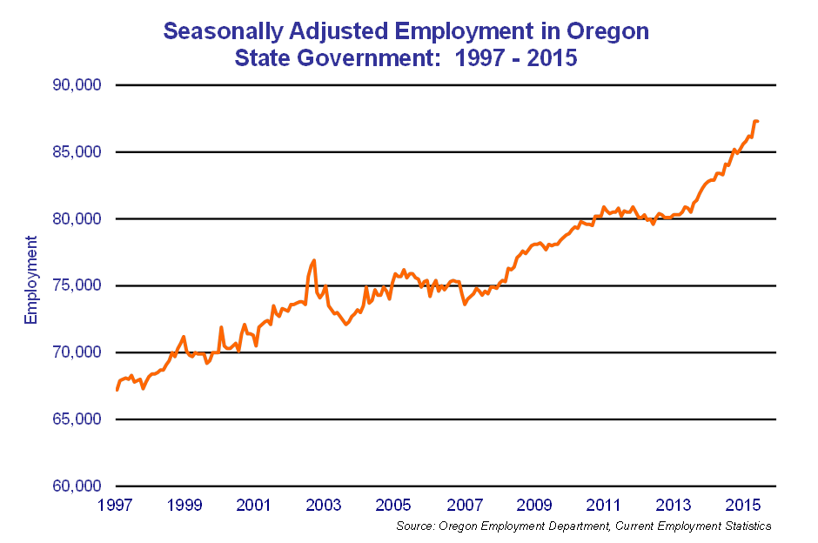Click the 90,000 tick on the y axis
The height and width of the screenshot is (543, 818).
(77, 85)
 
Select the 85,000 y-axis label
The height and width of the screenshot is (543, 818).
(77, 152)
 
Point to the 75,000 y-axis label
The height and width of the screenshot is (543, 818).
(77, 285)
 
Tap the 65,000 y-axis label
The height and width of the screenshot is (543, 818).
(77, 419)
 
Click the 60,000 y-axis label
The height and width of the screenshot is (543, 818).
(77, 486)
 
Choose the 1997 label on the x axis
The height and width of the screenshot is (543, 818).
(116, 505)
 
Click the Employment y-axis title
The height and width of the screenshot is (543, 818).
(31, 279)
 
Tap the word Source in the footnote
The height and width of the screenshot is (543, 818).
(414, 526)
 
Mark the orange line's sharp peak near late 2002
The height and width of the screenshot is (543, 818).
(313, 260)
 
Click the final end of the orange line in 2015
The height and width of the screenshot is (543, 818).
(758, 121)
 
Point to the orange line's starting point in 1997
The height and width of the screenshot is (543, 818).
(117, 389)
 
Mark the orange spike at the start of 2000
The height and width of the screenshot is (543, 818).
(221, 327)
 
